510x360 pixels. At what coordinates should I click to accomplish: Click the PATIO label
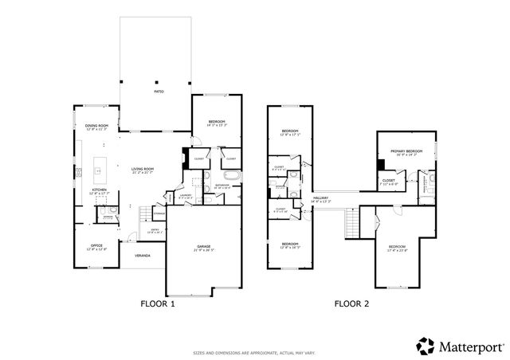[159, 92]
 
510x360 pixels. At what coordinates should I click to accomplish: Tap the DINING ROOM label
[96, 127]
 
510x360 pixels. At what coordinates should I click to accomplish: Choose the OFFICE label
[96, 246]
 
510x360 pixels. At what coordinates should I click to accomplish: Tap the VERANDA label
[142, 257]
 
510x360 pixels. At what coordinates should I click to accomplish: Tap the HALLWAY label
[321, 199]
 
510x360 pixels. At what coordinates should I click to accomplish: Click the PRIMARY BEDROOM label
[406, 152]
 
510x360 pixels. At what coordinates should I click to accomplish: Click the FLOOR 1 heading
[157, 303]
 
